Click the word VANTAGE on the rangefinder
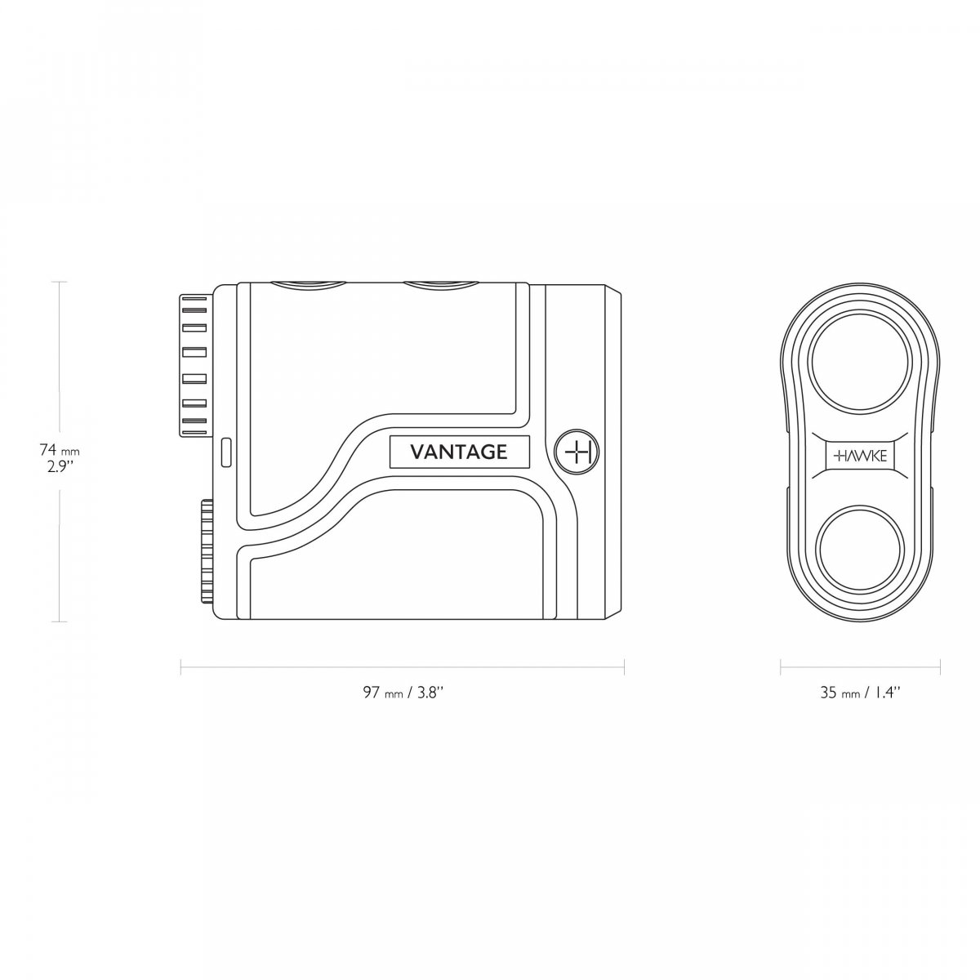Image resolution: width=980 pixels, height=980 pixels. click(x=458, y=451)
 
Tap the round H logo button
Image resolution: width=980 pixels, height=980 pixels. click(x=577, y=452)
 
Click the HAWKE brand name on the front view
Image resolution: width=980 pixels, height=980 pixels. click(x=860, y=456)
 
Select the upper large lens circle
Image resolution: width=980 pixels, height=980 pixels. click(x=859, y=362)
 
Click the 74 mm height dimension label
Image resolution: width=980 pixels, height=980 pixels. click(x=60, y=450)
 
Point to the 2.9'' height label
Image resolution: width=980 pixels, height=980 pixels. click(x=60, y=467)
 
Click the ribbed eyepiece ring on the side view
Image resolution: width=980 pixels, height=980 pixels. click(x=196, y=364)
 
